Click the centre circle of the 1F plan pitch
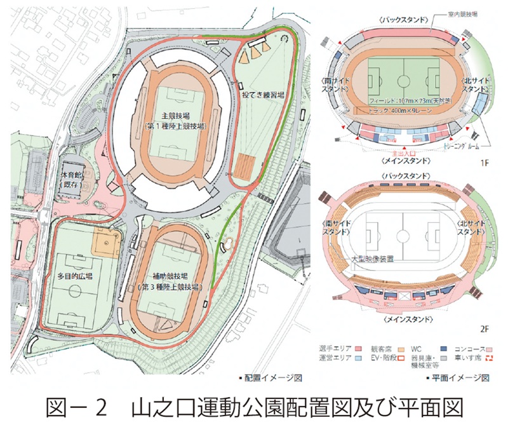400,81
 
